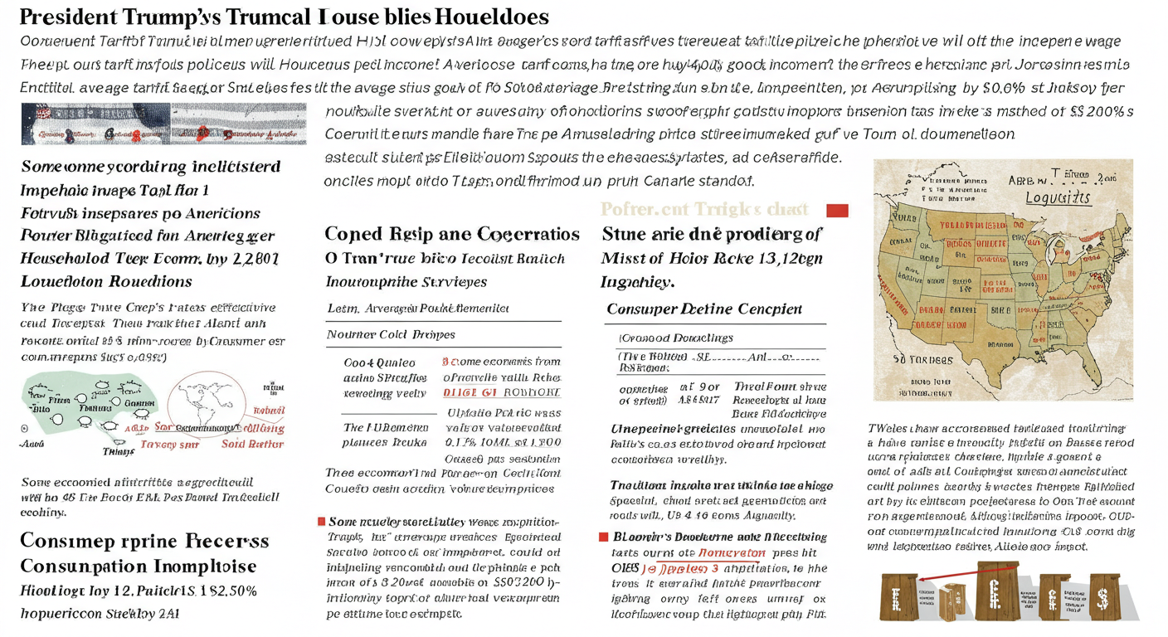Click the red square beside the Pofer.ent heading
[837, 211]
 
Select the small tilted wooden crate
[952, 599]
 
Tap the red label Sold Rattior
[253, 444]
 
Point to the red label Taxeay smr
[169, 445]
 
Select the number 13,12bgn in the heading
[787, 258]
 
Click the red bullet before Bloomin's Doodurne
[604, 537]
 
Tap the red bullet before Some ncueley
[322, 521]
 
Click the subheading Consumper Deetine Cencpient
[704, 309]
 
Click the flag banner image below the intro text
[163, 124]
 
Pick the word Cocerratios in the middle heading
[518, 234]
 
